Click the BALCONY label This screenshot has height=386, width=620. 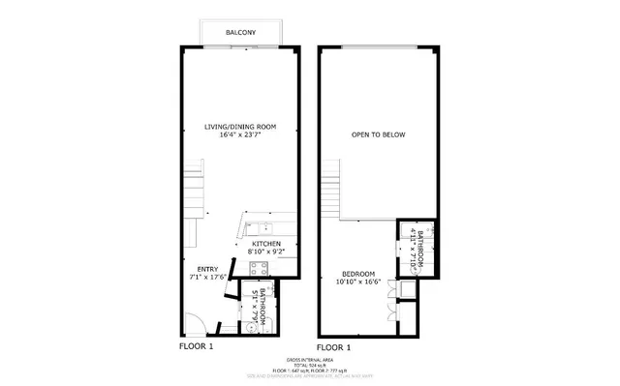(x=241, y=33)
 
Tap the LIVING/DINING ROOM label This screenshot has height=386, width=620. (x=237, y=127)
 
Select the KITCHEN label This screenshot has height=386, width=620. (x=266, y=243)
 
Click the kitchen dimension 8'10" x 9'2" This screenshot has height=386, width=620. (x=266, y=252)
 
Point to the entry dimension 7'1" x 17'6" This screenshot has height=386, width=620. (x=208, y=279)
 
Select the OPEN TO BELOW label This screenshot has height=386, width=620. (x=377, y=134)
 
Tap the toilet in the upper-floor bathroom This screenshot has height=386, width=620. (x=407, y=290)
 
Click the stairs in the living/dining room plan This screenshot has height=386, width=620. (x=198, y=190)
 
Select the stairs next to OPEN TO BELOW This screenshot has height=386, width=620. (x=334, y=190)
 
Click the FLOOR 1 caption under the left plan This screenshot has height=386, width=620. (x=197, y=345)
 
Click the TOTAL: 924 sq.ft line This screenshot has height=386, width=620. (x=310, y=363)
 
